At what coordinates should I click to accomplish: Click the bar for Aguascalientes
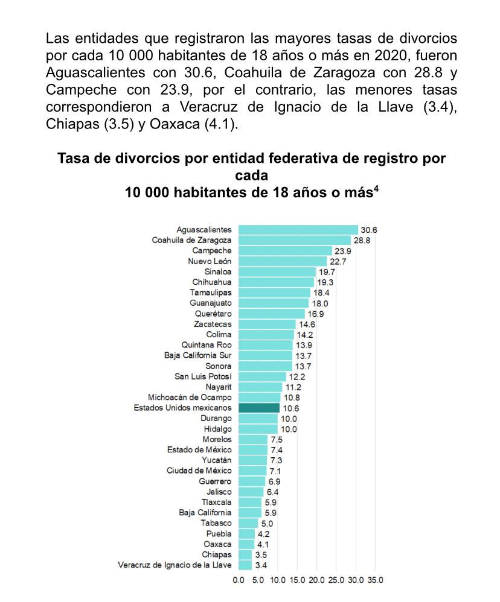[x=298, y=230]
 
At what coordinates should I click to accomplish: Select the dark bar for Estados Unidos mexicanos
[x=258, y=408]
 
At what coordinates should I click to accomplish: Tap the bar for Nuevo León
[x=283, y=261]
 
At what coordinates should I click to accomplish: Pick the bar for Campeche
[x=285, y=250]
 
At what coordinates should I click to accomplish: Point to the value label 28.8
[x=362, y=240]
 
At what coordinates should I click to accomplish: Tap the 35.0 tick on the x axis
[x=375, y=580]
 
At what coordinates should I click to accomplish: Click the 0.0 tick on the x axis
[x=239, y=580]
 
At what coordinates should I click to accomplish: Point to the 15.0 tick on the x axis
[x=297, y=580]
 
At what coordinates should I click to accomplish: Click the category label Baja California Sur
[x=197, y=355]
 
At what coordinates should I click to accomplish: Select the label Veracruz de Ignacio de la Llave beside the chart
[x=175, y=565]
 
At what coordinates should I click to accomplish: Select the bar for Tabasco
[x=248, y=523]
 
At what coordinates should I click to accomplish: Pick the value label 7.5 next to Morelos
[x=276, y=439]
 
